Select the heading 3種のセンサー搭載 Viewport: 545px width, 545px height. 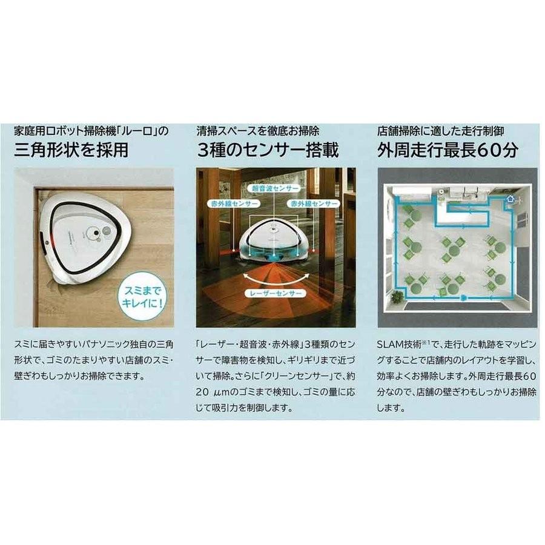tap(267, 149)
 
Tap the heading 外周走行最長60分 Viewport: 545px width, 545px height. tap(448, 149)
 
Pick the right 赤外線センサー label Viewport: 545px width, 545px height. tap(313, 205)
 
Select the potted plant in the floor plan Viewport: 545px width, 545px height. tap(398, 297)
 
